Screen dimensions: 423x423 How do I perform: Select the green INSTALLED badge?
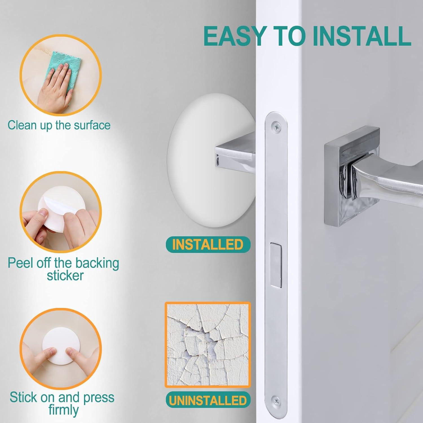pos(208,244)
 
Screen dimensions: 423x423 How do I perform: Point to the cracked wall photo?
pos(208,345)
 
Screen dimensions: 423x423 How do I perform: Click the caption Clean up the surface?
pos(59,125)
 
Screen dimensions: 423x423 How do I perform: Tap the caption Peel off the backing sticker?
pos(63,269)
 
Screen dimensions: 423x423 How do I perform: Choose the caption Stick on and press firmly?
pos(62,403)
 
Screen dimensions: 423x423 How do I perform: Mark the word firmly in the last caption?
pos(63,410)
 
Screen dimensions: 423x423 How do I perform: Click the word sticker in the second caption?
pos(65,276)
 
